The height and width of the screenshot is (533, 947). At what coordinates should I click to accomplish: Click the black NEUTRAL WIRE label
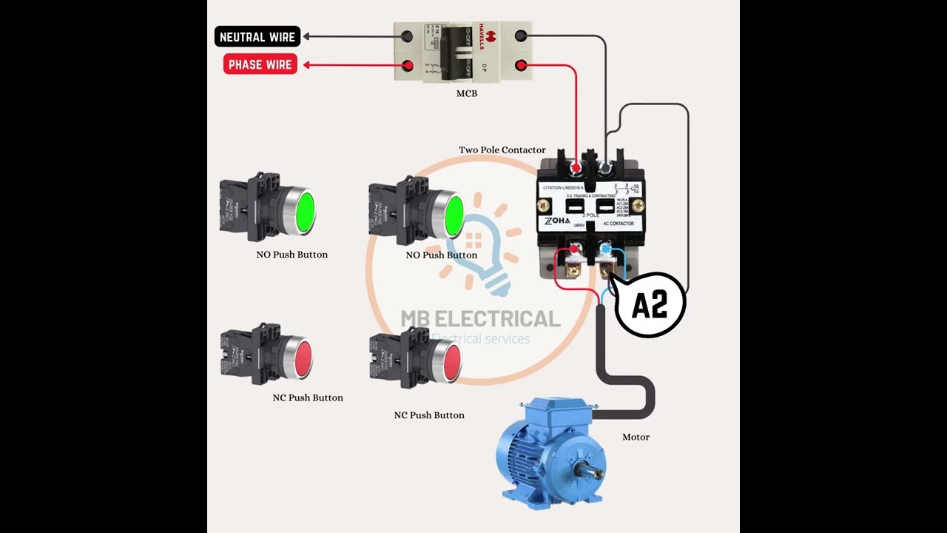(x=257, y=36)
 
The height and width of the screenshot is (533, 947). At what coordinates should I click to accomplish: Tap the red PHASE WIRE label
(x=260, y=64)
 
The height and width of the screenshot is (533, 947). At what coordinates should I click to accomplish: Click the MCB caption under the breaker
(x=466, y=94)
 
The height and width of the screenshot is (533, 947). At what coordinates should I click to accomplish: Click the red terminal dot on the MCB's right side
(x=521, y=66)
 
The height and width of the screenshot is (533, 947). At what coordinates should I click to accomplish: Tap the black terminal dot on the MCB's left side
(x=407, y=36)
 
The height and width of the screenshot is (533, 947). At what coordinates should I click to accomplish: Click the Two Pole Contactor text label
(x=502, y=150)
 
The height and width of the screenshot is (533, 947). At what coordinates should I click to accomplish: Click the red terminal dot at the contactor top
(x=576, y=170)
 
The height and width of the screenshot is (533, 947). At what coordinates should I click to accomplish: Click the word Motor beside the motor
(x=636, y=437)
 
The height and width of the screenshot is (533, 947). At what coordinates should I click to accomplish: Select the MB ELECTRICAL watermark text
(x=480, y=319)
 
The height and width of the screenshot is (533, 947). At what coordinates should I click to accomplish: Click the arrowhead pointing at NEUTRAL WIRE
(x=306, y=36)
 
